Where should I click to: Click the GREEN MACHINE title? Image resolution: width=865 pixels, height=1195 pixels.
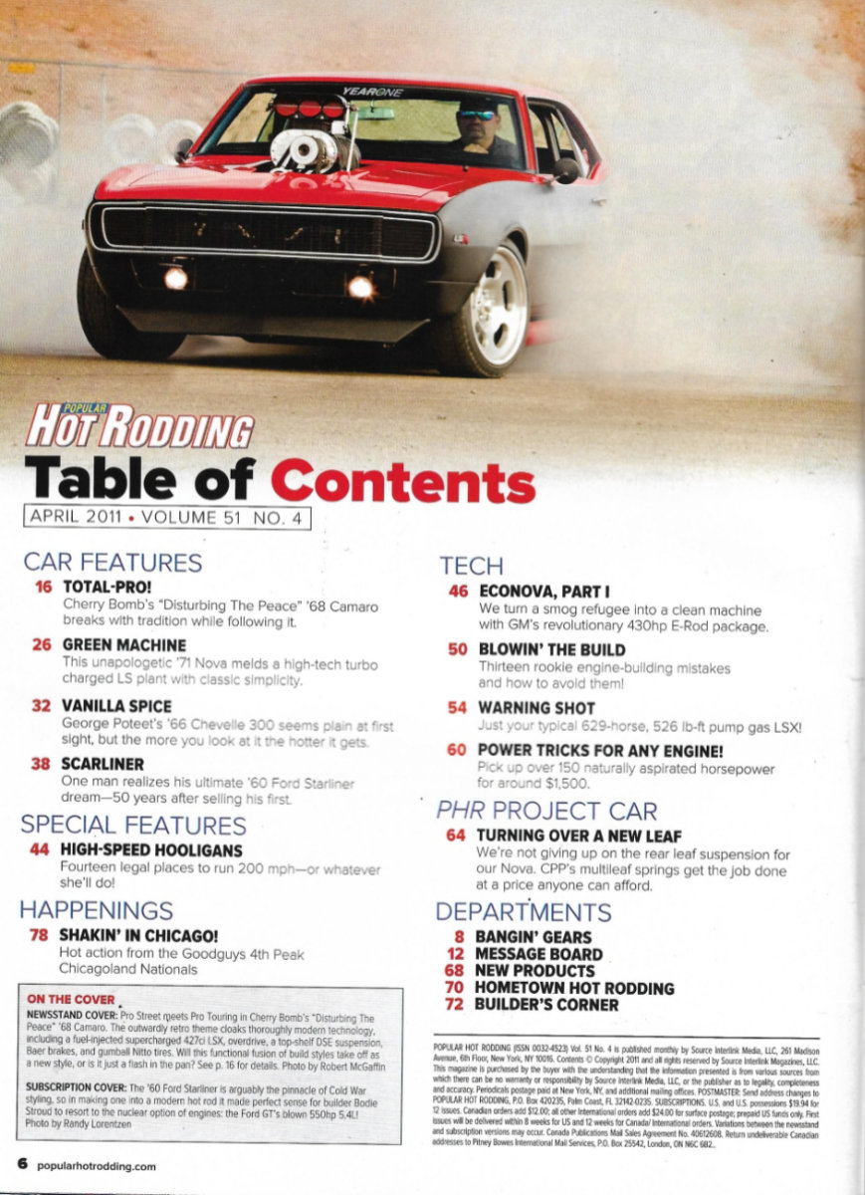(x=123, y=644)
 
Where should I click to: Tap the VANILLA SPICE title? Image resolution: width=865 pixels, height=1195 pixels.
(x=116, y=706)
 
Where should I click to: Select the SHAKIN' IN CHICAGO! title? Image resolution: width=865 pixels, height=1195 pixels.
(x=138, y=936)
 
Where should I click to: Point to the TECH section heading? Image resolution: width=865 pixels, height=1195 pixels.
(x=471, y=567)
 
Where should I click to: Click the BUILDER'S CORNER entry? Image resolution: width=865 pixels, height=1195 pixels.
(x=546, y=1005)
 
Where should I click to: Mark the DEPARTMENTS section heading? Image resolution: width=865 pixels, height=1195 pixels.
(x=524, y=911)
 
